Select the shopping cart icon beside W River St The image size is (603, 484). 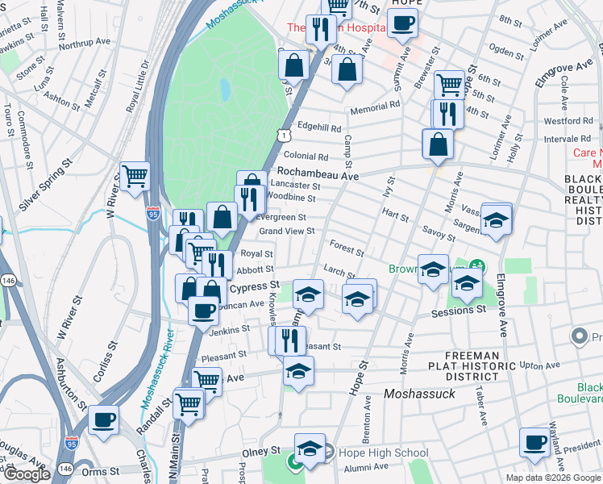(x=135, y=175)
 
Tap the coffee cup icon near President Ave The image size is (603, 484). (x=534, y=442)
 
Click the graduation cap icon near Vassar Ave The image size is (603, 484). (x=497, y=219)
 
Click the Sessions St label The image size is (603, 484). (x=458, y=311)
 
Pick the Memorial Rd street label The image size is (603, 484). (x=374, y=105)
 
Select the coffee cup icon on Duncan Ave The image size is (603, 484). (x=203, y=310)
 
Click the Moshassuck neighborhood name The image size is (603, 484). (x=419, y=394)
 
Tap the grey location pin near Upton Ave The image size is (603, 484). (x=578, y=335)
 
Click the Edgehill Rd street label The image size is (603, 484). (x=319, y=127)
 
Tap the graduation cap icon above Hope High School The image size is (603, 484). (x=310, y=448)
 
